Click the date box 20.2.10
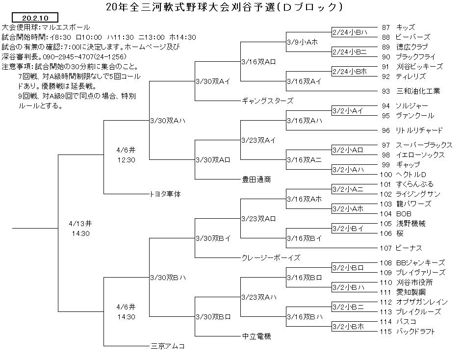tap(35, 18)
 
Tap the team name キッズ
tap(406, 27)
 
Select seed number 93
tap(386, 91)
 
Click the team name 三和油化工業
tap(418, 91)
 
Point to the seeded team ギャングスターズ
tap(268, 101)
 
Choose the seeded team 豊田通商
tap(256, 180)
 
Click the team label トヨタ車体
tap(165, 194)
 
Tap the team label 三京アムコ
tap(168, 346)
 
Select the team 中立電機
tap(256, 336)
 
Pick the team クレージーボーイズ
tap(271, 258)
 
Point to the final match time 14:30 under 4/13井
tap(80, 233)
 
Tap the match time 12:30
tap(126, 160)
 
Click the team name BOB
tap(404, 214)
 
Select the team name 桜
tap(400, 233)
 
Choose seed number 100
tap(386, 175)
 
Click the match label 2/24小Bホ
tap(350, 72)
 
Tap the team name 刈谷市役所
tap(414, 283)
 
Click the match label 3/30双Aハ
tap(168, 121)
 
